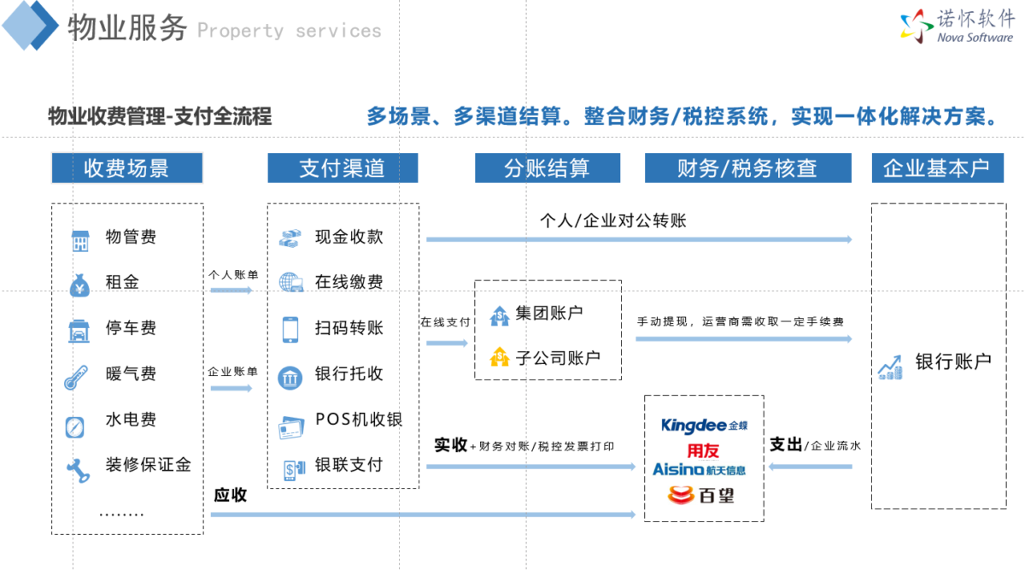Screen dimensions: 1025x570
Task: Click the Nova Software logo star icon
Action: [x=917, y=26]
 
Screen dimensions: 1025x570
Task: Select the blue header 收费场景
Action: [x=126, y=168]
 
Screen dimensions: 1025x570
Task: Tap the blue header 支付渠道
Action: [x=343, y=168]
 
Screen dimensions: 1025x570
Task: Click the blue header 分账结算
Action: [x=548, y=168]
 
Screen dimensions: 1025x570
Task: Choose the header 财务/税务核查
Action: [x=747, y=168]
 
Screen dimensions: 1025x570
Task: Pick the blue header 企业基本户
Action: [x=937, y=168]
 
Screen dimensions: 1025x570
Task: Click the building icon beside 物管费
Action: [x=80, y=241]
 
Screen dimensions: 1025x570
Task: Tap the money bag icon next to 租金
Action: [x=79, y=285]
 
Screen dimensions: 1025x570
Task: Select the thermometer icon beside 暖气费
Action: [x=76, y=378]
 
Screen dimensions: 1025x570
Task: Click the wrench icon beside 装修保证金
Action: [x=79, y=471]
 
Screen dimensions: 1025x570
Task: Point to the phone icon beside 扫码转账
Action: [x=290, y=330]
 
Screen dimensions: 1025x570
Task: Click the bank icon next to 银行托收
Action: [x=290, y=379]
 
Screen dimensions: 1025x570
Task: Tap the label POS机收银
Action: [x=359, y=420]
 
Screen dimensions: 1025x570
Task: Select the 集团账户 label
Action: [x=549, y=313]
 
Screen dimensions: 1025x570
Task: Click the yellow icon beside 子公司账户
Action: [x=499, y=356]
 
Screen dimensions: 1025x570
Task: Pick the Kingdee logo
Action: [x=704, y=426]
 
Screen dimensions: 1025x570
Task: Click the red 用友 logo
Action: [x=703, y=451]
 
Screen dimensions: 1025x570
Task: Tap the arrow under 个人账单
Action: [x=231, y=291]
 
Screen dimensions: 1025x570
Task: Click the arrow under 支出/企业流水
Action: [x=811, y=467]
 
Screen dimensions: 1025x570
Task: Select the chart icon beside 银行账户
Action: [x=890, y=367]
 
